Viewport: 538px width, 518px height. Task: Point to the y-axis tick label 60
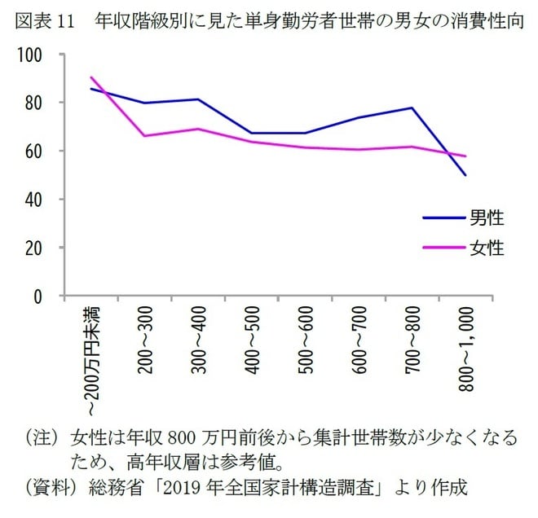33,151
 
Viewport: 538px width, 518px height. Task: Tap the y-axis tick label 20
33,248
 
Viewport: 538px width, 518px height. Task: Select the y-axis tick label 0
37,296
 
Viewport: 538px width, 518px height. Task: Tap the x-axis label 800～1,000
466,350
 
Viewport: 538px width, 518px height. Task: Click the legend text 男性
487,217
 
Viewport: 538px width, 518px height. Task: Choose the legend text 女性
487,248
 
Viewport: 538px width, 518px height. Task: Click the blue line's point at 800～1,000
465,175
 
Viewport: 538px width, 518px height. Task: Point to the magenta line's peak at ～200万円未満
90,77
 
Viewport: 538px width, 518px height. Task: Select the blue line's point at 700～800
412,108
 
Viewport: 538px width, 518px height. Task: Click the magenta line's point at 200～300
145,135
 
